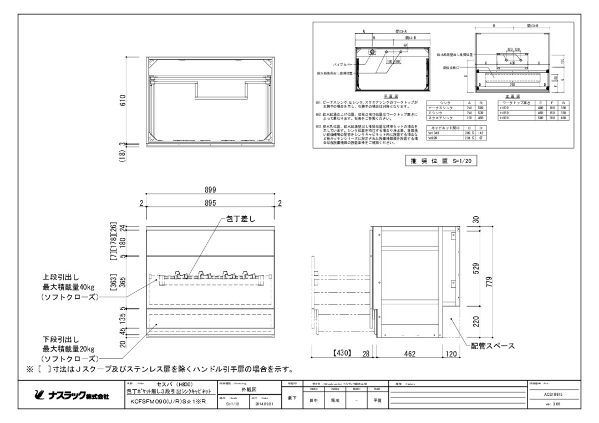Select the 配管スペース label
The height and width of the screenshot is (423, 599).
[x=493, y=346]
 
